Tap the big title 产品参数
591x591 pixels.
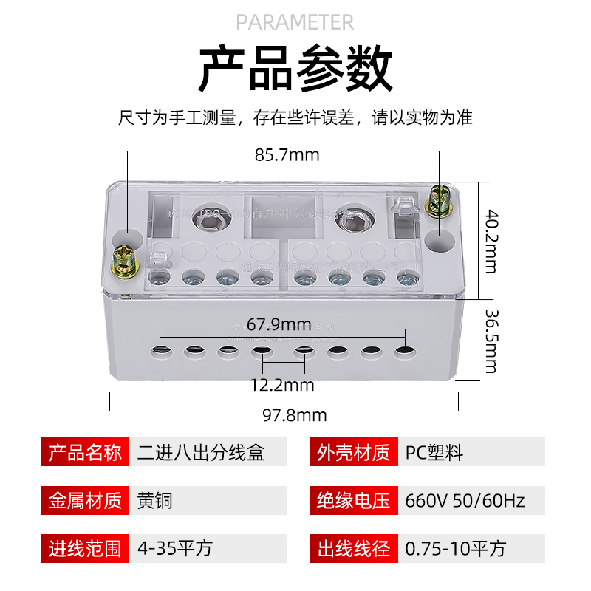point(295,68)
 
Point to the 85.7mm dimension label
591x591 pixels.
point(287,155)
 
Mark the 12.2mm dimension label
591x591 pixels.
point(281,385)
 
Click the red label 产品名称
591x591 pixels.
point(85,452)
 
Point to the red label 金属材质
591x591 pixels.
point(85,500)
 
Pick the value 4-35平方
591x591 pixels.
point(175,548)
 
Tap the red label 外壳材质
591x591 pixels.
point(353,452)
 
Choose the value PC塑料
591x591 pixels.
point(434,452)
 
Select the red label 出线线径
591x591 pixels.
point(353,548)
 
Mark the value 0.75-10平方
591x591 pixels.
point(456,548)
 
